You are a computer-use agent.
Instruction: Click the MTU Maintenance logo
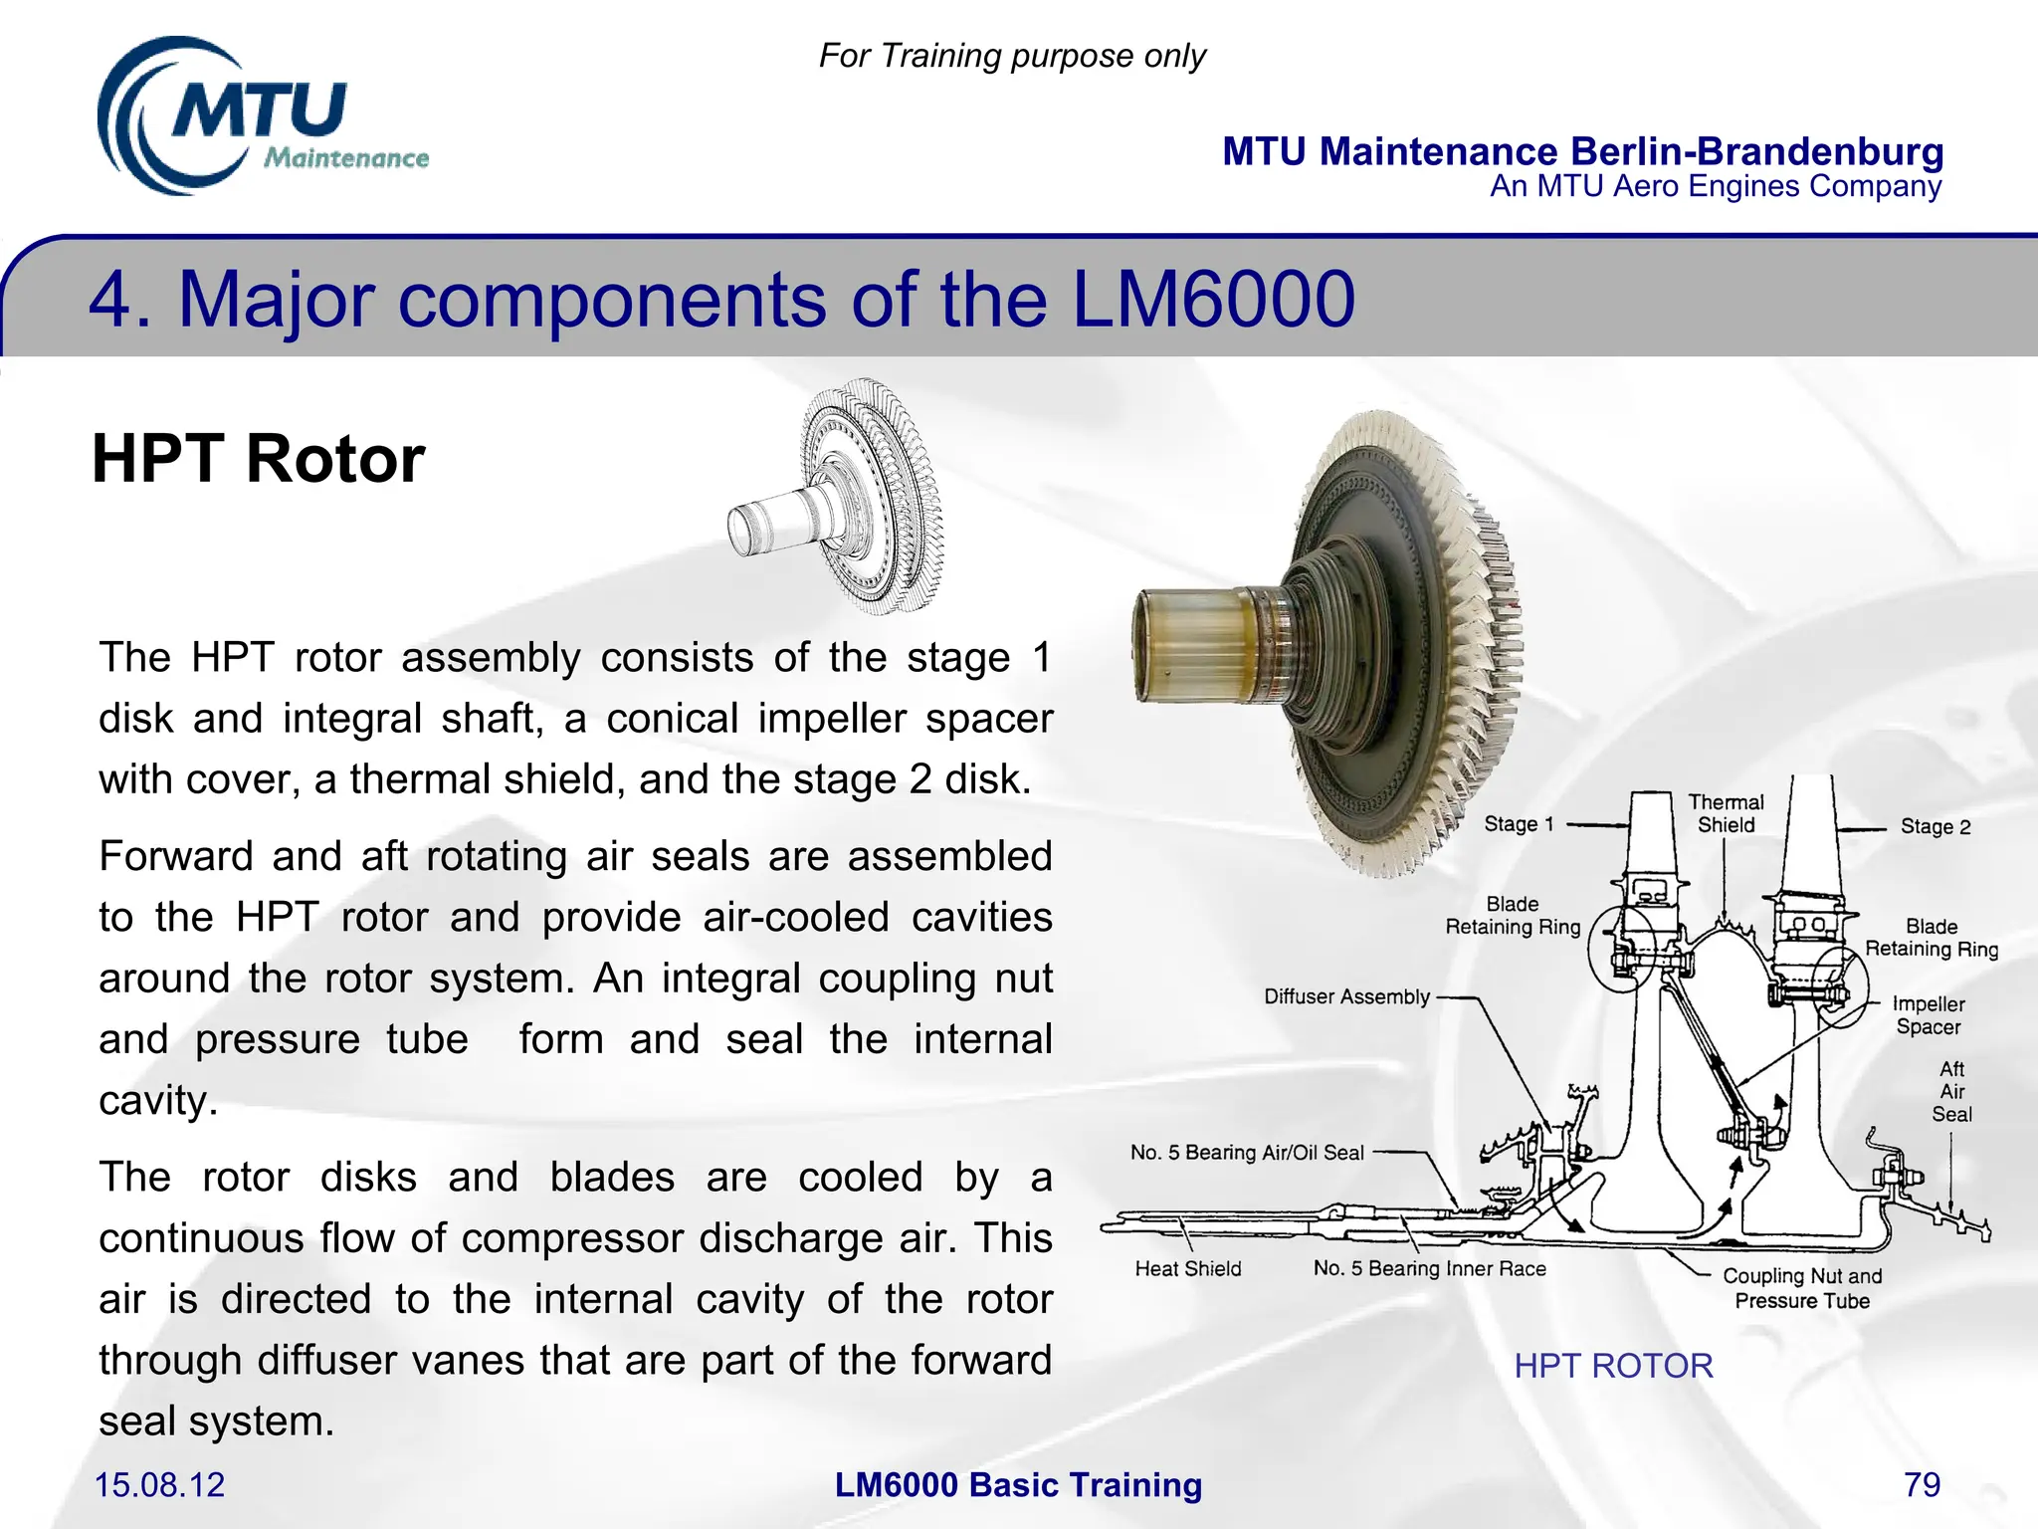[x=261, y=117]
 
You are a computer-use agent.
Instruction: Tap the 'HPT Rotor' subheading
[x=259, y=459]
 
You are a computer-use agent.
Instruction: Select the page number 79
[x=1922, y=1484]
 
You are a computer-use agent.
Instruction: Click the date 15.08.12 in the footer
[x=159, y=1484]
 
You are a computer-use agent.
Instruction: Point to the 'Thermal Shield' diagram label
[x=1726, y=813]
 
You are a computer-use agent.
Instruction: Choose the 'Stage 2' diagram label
[x=1935, y=826]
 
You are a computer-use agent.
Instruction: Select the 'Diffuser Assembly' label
[x=1345, y=996]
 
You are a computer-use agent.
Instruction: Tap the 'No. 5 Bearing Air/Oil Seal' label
[x=1246, y=1153]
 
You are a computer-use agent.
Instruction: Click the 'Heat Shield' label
[x=1188, y=1268]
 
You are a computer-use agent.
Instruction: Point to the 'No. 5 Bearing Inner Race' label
[x=1429, y=1268]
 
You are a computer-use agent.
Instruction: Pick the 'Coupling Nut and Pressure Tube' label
[x=1802, y=1288]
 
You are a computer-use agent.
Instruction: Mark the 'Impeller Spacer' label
[x=1928, y=1015]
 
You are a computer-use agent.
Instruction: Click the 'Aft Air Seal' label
[x=1951, y=1091]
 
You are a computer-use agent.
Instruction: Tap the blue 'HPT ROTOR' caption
[x=1613, y=1365]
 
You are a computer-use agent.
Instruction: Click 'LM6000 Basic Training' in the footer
[x=1018, y=1484]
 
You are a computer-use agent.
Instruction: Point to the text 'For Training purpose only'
[x=1012, y=56]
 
